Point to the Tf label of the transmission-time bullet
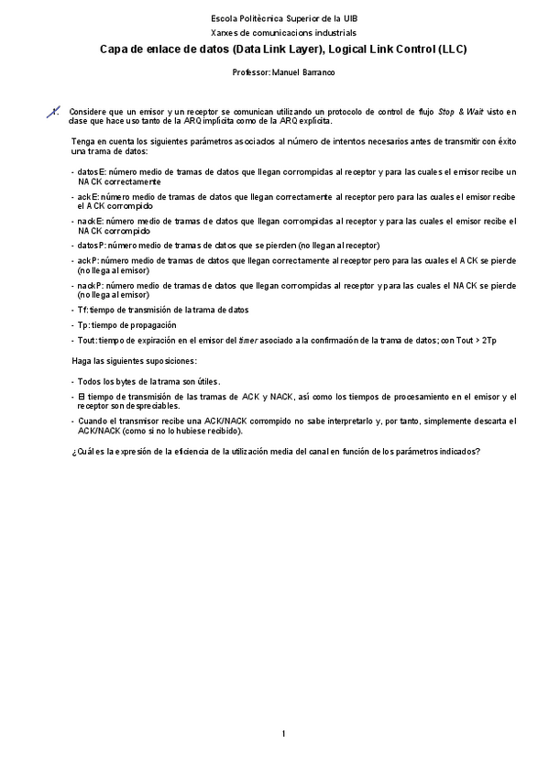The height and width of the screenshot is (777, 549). click(82, 310)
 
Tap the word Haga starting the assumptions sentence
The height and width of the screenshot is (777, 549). click(82, 361)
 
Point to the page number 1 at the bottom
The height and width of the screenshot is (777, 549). click(284, 734)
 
